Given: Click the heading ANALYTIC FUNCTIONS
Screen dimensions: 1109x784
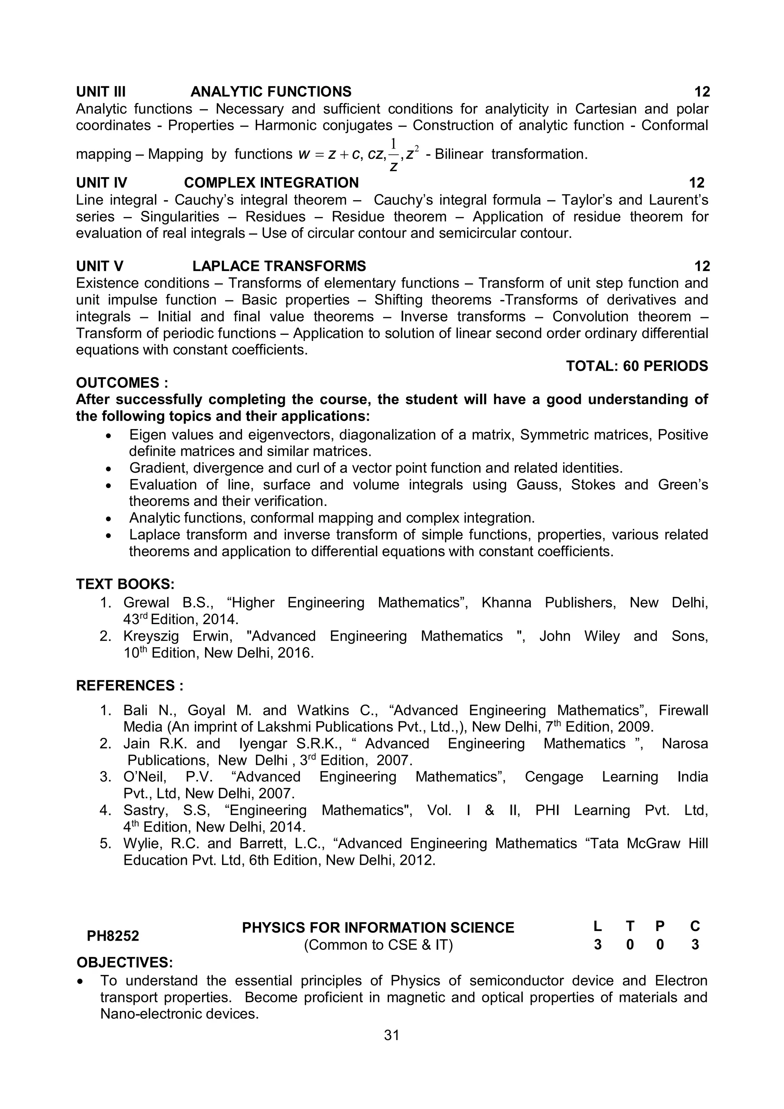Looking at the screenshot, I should [271, 92].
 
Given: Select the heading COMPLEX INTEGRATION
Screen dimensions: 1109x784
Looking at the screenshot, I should [271, 183].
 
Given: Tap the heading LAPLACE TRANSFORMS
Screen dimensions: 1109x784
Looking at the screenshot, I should [279, 266].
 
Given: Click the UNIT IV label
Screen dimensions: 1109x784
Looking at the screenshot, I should [101, 183].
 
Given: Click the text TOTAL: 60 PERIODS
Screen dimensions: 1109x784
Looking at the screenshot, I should [637, 366].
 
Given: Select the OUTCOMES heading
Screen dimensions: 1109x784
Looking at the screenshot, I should [122, 383].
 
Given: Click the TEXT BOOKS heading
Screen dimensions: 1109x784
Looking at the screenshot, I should [125, 584].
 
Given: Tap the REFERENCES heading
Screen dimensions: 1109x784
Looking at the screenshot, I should [129, 685].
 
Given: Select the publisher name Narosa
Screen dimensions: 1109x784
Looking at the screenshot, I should [684, 744].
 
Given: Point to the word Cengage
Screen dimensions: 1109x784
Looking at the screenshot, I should [554, 777].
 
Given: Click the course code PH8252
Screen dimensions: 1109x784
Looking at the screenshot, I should [113, 936].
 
